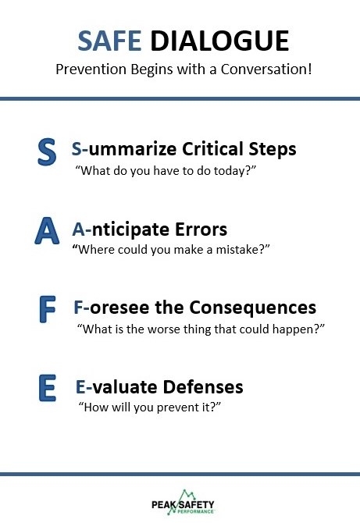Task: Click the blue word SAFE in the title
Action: pyautogui.click(x=109, y=41)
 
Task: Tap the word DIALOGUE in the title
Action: pyautogui.click(x=219, y=41)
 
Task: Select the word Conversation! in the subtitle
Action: pyautogui.click(x=266, y=69)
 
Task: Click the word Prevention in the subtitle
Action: pyautogui.click(x=91, y=69)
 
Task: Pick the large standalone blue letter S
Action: pyautogui.click(x=47, y=152)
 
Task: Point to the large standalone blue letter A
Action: pyautogui.click(x=47, y=230)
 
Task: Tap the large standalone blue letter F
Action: pyautogui.click(x=47, y=309)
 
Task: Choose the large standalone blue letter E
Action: pyautogui.click(x=47, y=388)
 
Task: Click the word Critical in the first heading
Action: pyautogui.click(x=212, y=149)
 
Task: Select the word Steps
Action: pyautogui.click(x=273, y=149)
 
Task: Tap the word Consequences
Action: pyautogui.click(x=252, y=308)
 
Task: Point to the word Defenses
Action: pyautogui.click(x=203, y=387)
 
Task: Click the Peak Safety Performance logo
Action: pyautogui.click(x=183, y=503)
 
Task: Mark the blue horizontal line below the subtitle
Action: pyautogui.click(x=180, y=98)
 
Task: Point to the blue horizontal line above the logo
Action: pyautogui.click(x=180, y=474)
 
